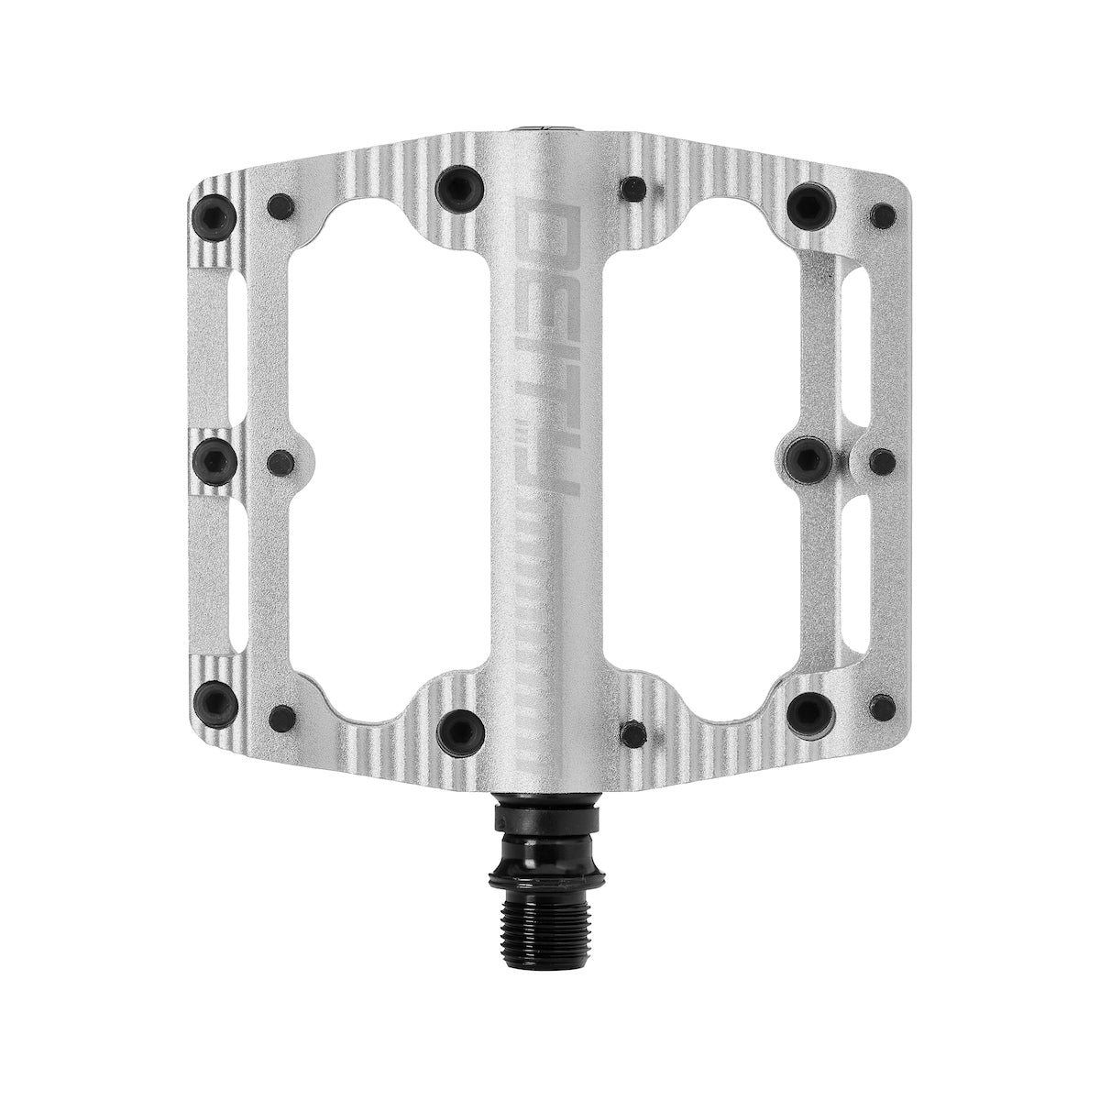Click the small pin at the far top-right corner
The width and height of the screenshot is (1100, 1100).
[883, 216]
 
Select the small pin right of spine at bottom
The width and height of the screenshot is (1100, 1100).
[632, 732]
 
